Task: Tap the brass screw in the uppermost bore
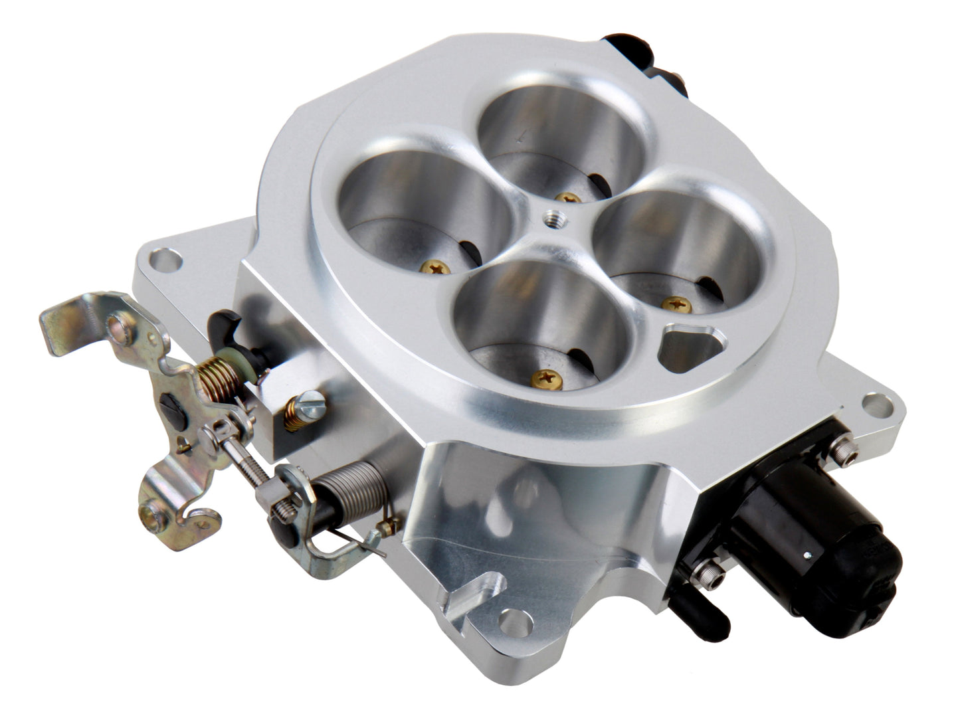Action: tap(567, 197)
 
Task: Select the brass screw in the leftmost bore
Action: tap(435, 267)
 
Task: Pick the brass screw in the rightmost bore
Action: tap(676, 304)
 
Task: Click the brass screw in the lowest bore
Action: tap(547, 379)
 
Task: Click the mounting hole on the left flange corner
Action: tap(165, 259)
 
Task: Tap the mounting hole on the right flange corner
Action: tap(876, 405)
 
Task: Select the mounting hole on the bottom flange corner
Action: tap(516, 623)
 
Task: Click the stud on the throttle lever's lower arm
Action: tap(155, 511)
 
